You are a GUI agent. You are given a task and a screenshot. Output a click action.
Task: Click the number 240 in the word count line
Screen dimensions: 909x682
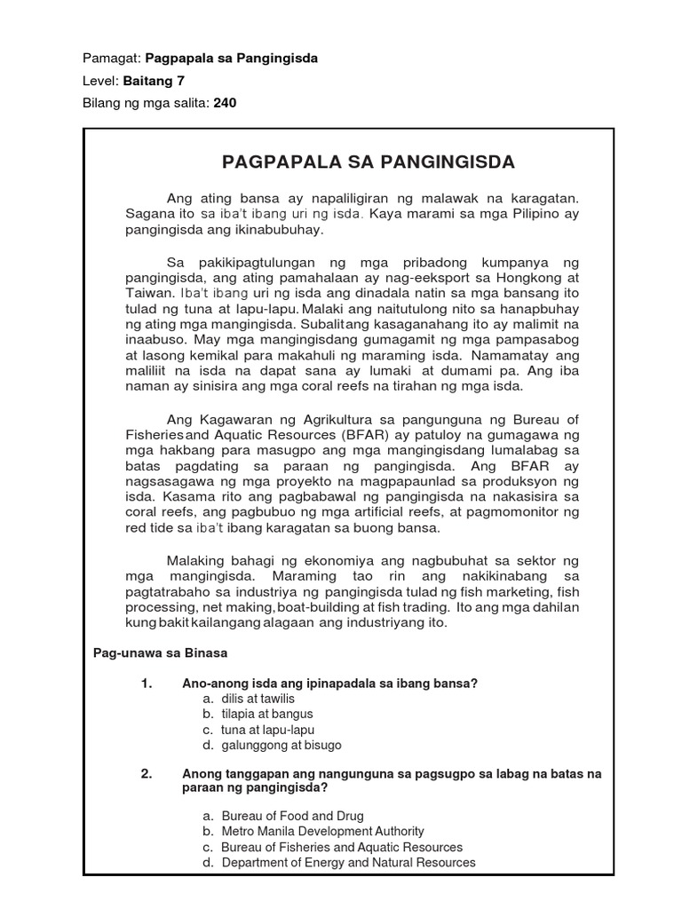tap(225, 103)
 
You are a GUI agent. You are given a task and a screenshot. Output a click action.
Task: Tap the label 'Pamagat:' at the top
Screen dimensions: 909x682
tap(111, 58)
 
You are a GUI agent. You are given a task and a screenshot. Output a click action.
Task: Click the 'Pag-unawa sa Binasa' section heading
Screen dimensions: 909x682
tap(161, 652)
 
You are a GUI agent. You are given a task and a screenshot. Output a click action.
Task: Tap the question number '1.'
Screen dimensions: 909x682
tap(147, 683)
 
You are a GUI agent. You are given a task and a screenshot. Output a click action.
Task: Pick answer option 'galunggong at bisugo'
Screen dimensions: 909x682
tap(282, 745)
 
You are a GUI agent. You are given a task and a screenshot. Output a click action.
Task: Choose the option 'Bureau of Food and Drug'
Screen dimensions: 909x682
tap(292, 816)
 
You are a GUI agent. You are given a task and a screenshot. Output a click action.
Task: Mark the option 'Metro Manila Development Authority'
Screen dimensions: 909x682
tap(322, 831)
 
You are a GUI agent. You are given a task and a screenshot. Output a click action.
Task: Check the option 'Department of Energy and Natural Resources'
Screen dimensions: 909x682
tap(348, 862)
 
